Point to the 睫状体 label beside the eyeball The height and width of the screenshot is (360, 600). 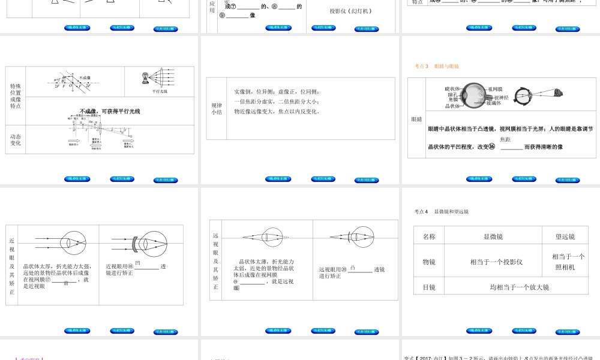click(452, 88)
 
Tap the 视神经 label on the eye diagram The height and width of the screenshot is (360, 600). click(502, 97)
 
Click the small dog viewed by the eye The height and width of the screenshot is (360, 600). click(558, 93)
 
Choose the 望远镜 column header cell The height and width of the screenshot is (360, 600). click(565, 236)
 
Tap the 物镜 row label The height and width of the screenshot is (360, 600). click(429, 262)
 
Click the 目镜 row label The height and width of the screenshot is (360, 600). click(429, 287)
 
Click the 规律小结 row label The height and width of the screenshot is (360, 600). click(217, 108)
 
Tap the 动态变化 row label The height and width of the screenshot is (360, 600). click(15, 140)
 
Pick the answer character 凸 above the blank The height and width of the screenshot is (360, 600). click(353, 266)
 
